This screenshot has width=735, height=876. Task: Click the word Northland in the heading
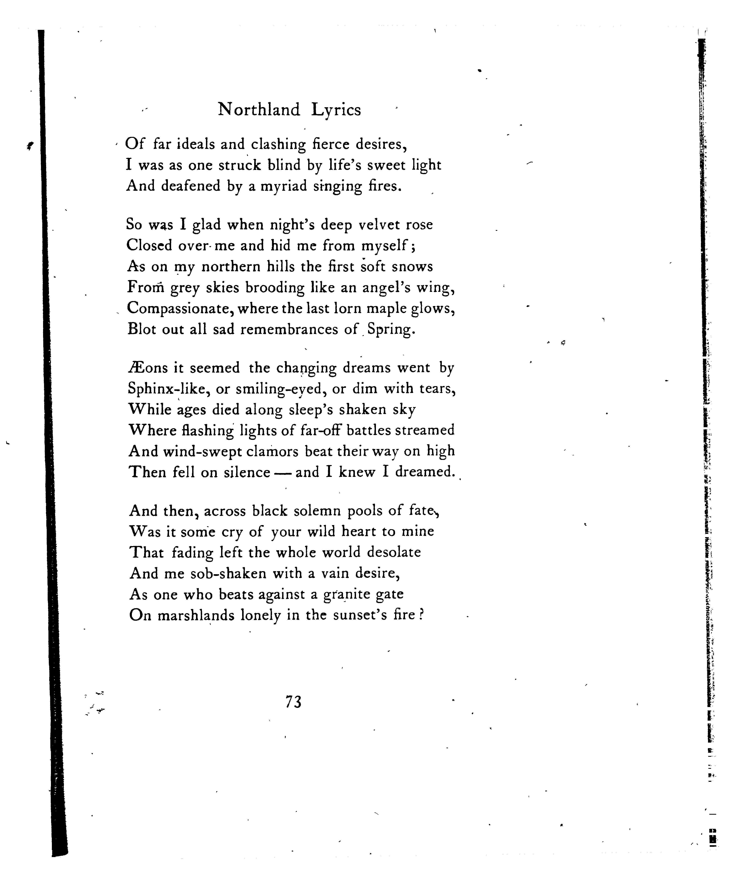(x=259, y=110)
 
